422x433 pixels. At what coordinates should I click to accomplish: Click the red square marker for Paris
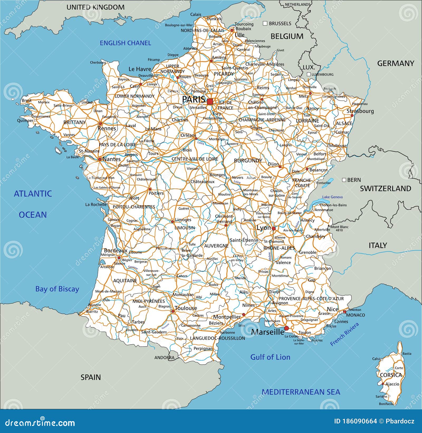(210, 101)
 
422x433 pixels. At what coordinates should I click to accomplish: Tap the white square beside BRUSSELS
(265, 23)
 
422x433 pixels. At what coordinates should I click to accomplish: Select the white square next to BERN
(344, 180)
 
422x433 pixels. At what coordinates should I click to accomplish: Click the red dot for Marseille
(286, 328)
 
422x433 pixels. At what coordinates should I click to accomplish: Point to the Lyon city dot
(274, 228)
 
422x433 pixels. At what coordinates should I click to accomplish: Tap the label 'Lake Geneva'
(332, 197)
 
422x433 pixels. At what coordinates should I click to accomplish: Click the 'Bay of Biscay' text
(57, 289)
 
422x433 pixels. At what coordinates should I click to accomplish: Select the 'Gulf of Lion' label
(270, 357)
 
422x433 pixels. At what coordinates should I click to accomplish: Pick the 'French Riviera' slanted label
(344, 334)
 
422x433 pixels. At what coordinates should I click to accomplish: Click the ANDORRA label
(164, 358)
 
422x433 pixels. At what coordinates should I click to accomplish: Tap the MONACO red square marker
(344, 312)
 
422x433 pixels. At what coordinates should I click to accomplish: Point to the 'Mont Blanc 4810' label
(339, 228)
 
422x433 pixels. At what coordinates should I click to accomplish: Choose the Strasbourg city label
(360, 111)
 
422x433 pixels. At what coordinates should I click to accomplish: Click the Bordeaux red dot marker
(119, 258)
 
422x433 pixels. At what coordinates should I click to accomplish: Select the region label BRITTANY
(75, 122)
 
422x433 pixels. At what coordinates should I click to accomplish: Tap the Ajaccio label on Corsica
(392, 384)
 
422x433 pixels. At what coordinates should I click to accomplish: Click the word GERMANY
(395, 63)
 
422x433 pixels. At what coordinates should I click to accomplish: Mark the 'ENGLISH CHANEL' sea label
(125, 43)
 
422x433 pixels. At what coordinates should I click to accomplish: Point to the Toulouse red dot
(173, 311)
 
